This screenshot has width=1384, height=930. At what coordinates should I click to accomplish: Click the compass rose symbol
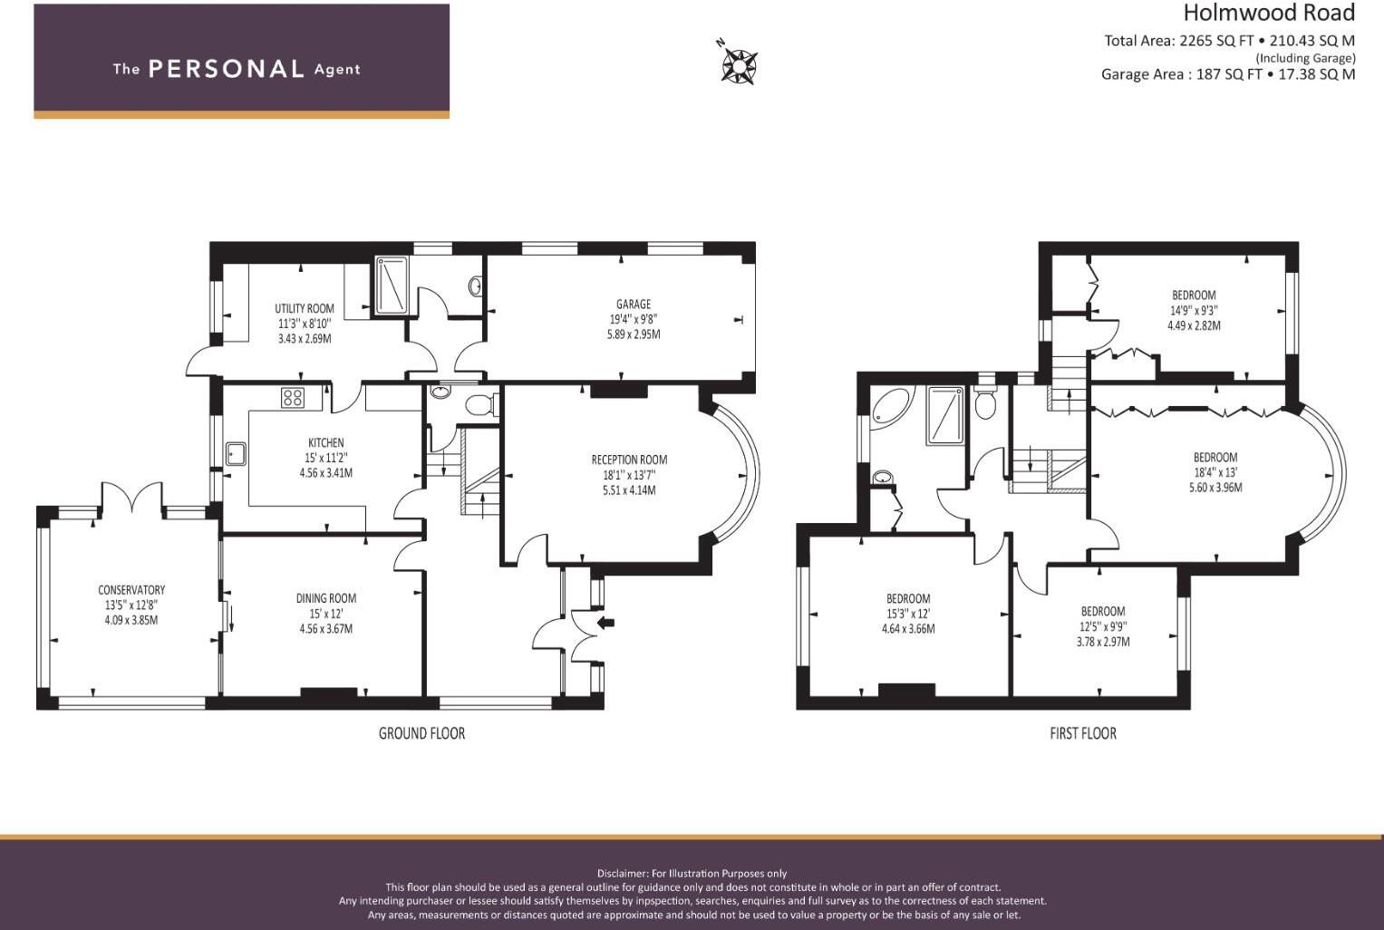(740, 64)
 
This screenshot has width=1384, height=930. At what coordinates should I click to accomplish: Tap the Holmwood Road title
(1268, 13)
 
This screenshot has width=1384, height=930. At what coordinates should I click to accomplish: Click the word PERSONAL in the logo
(226, 69)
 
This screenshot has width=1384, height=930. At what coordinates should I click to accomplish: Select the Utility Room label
(305, 308)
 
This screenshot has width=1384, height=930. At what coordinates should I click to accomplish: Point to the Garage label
(634, 304)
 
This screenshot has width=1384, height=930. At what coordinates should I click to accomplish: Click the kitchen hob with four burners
(293, 397)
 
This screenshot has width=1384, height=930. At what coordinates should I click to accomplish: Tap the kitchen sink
(237, 452)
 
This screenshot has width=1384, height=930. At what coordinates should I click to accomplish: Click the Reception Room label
(629, 460)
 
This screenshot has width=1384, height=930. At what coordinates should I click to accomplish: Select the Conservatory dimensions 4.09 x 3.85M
(131, 620)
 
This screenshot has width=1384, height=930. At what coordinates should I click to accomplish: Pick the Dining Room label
(325, 598)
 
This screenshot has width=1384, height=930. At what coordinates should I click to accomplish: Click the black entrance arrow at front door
(605, 622)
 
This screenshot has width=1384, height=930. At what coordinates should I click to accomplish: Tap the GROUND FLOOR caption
(421, 733)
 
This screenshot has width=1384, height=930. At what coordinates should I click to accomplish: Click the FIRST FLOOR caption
(1082, 733)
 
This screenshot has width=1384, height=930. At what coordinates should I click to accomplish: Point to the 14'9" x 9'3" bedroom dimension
(1194, 310)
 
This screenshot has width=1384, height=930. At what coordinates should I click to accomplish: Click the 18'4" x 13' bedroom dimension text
(1215, 472)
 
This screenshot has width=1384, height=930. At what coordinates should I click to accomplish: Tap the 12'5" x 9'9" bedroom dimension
(1102, 626)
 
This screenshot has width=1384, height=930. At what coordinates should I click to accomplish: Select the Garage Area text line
(1227, 74)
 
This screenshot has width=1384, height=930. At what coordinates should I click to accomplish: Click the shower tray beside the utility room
(392, 286)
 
